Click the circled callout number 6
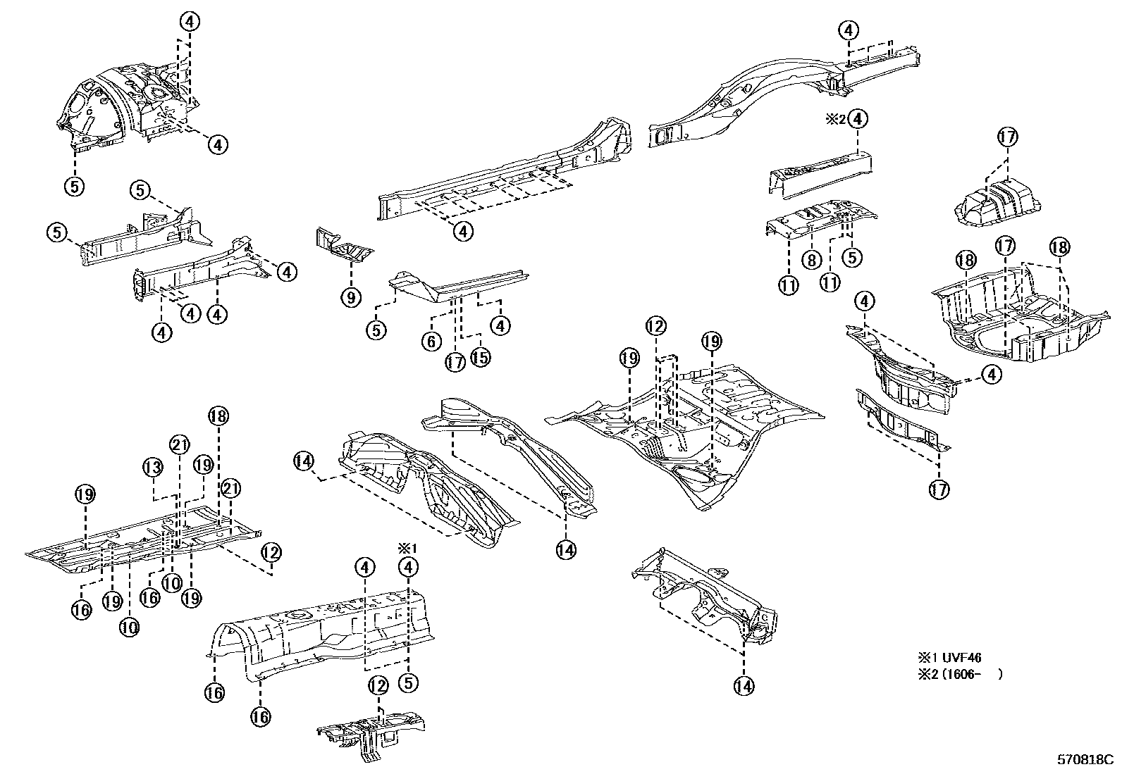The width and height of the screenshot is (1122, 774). [431, 342]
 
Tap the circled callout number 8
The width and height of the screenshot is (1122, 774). [811, 260]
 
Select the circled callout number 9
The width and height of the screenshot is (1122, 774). [350, 297]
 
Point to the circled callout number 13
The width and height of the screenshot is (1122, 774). [154, 466]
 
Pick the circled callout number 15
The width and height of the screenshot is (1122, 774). [480, 357]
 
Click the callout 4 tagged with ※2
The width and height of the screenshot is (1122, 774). [858, 119]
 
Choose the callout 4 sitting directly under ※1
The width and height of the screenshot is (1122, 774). [408, 567]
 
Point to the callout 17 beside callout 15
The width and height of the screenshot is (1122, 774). [455, 362]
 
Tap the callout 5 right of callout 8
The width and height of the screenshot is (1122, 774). [852, 258]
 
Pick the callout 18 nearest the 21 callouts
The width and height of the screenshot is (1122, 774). [218, 416]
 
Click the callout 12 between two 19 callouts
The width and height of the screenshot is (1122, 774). [655, 326]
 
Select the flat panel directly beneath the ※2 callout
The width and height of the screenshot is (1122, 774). [821, 169]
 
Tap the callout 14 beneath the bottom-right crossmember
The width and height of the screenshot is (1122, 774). [744, 685]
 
